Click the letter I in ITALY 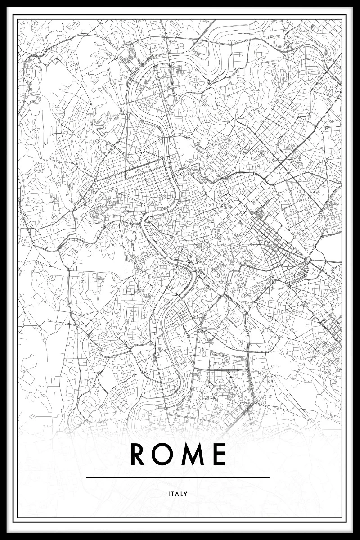click(x=169, y=494)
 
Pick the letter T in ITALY click(x=173, y=494)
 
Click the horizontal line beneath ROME click(x=177, y=477)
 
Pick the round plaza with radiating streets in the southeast click(x=304, y=304)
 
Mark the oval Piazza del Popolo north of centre click(x=184, y=172)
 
